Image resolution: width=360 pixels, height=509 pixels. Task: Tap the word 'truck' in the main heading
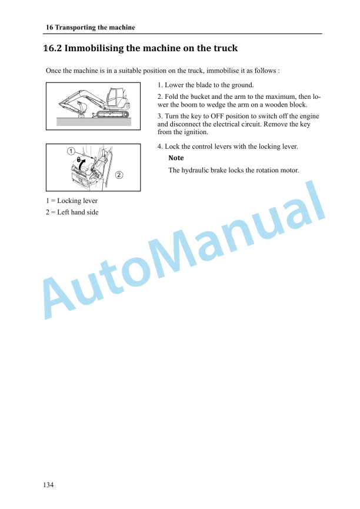[222, 48]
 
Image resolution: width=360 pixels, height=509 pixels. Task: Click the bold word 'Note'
[176, 158]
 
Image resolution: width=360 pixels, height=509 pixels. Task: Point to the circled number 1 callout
[71, 152]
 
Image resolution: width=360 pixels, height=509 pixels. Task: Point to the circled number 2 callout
[119, 175]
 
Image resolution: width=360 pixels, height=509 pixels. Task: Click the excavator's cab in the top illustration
[116, 97]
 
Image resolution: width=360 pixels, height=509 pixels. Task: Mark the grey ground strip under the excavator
[94, 121]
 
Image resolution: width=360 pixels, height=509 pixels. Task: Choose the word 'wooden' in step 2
[285, 105]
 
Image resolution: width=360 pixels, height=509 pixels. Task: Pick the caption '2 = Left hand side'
[72, 212]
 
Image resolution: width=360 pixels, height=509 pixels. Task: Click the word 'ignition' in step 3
[194, 132]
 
